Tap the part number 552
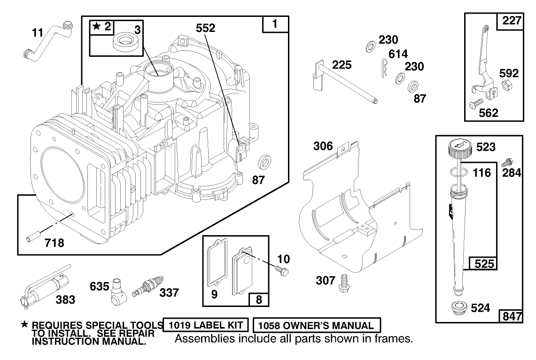coord(205,28)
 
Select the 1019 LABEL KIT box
coord(205,325)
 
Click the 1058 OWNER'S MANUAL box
coord(317,325)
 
